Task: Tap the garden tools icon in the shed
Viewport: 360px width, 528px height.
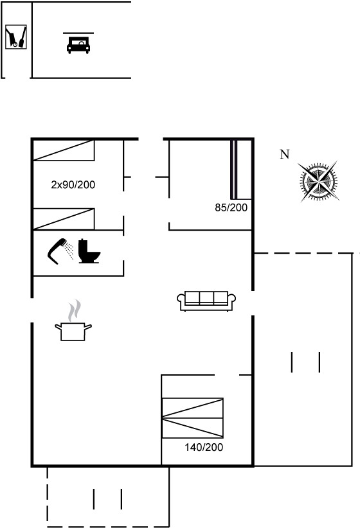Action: click(x=16, y=37)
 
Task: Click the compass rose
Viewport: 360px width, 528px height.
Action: click(x=319, y=182)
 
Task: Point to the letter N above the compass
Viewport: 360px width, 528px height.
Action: click(x=285, y=154)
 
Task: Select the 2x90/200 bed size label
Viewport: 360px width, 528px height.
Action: click(x=73, y=184)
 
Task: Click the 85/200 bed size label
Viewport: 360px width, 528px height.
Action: click(x=231, y=207)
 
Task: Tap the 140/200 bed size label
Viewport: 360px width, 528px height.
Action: click(x=204, y=447)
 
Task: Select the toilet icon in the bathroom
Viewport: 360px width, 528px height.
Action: click(x=89, y=251)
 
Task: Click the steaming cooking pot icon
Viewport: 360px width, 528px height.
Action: click(x=73, y=331)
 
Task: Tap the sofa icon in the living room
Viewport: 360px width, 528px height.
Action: click(x=206, y=301)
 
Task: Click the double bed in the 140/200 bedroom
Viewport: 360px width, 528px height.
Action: click(x=192, y=418)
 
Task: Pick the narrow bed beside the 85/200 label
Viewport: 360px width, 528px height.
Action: click(x=241, y=170)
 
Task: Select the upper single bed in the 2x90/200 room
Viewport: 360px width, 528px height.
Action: click(x=64, y=150)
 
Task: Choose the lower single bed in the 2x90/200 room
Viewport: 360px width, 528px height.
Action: click(x=64, y=219)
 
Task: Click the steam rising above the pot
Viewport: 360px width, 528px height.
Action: click(x=74, y=310)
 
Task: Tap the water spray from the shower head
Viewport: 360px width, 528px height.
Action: click(x=69, y=250)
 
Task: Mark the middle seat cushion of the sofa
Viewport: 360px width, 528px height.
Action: click(x=206, y=297)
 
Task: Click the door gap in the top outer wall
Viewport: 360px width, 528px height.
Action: click(x=150, y=139)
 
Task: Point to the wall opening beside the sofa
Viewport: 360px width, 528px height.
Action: click(x=253, y=303)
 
